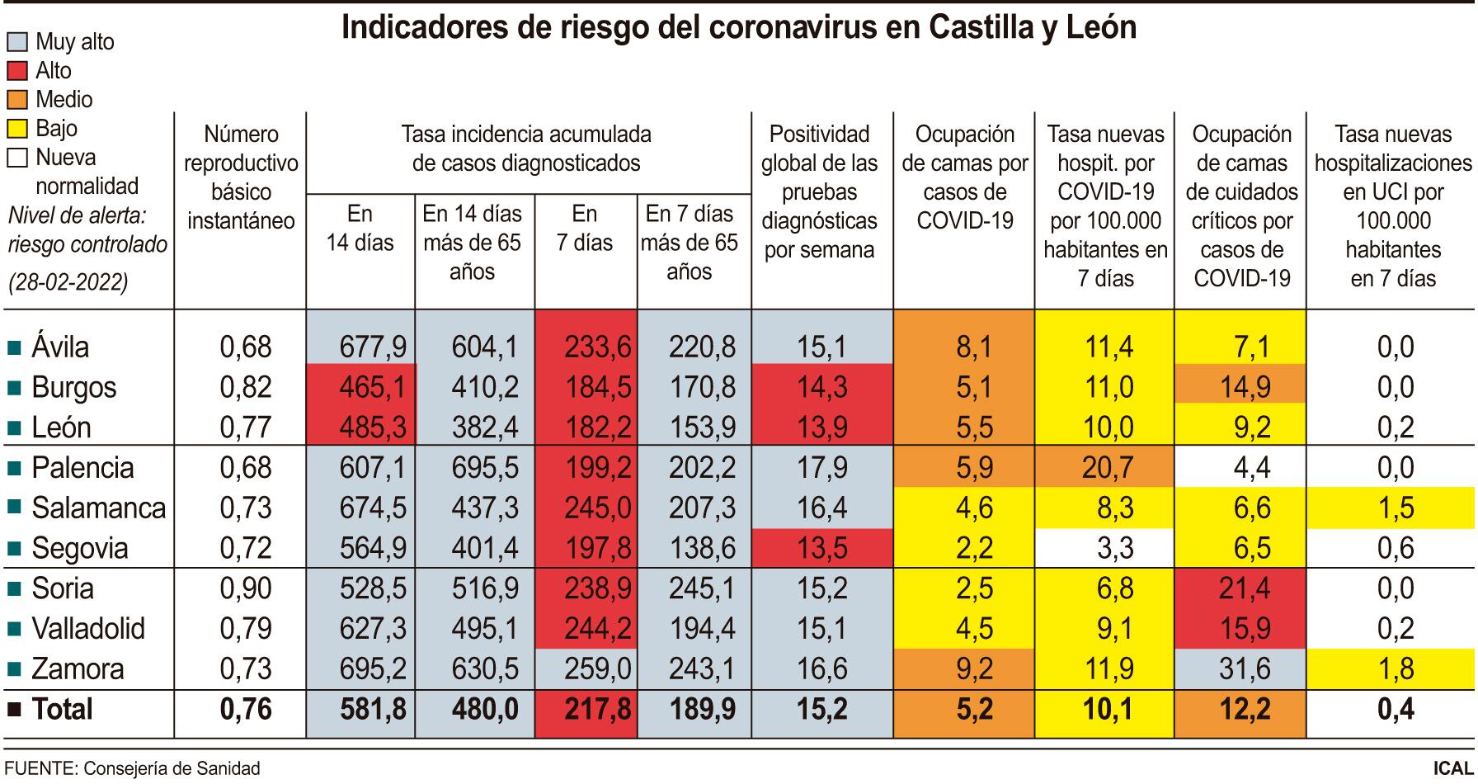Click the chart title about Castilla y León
tap(738, 27)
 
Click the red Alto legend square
tap(18, 71)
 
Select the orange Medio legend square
tap(18, 100)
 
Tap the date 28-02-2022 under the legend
tap(68, 282)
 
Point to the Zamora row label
tap(78, 669)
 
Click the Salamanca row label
tap(98, 508)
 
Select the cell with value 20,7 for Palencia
tap(1107, 468)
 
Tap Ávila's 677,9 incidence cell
tap(373, 347)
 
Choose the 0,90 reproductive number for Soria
tap(245, 588)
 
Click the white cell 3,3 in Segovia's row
tap(1107, 548)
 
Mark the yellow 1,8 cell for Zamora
tap(1392, 669)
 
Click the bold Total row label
tap(62, 710)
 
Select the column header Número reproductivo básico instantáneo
tap(241, 177)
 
